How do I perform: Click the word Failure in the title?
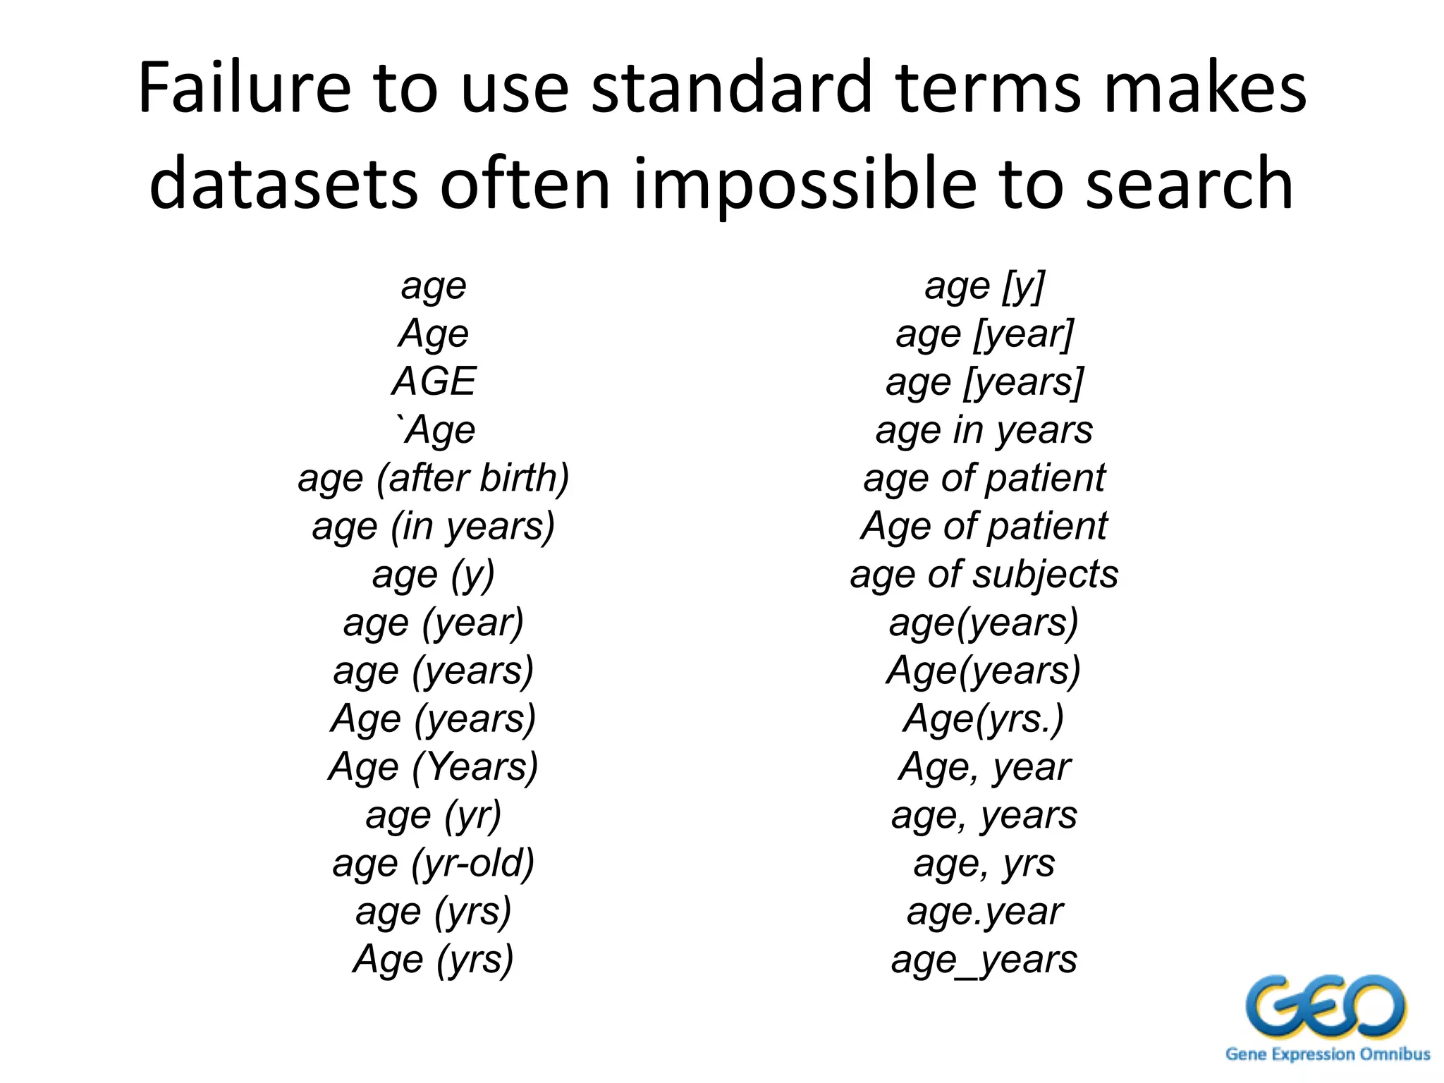pyautogui.click(x=244, y=87)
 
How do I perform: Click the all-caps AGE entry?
pyautogui.click(x=434, y=381)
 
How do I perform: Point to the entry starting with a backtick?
pyautogui.click(x=436, y=429)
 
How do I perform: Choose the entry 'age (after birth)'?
pyautogui.click(x=434, y=478)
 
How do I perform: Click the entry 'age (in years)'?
pyautogui.click(x=434, y=526)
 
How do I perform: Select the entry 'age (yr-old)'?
pyautogui.click(x=434, y=863)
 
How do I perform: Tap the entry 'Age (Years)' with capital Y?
pyautogui.click(x=434, y=766)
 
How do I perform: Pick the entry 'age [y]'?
pyautogui.click(x=984, y=286)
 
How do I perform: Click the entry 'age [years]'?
pyautogui.click(x=984, y=381)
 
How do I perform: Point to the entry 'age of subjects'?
pyautogui.click(x=984, y=574)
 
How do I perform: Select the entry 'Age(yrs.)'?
pyautogui.click(x=984, y=718)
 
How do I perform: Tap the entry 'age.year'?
pyautogui.click(x=984, y=911)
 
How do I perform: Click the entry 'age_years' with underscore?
pyautogui.click(x=984, y=960)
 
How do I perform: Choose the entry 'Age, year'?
pyautogui.click(x=984, y=766)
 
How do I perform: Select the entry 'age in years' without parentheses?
pyautogui.click(x=984, y=430)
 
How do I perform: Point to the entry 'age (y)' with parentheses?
pyautogui.click(x=434, y=574)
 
